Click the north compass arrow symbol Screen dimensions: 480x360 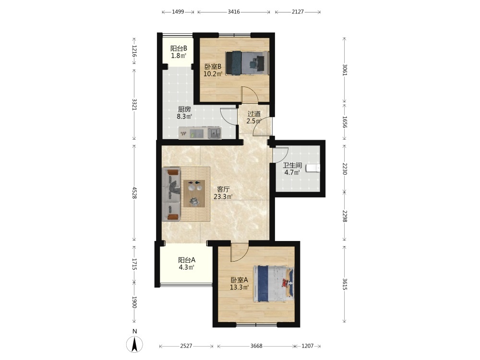[x=134, y=344]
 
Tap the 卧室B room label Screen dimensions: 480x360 [x=213, y=66]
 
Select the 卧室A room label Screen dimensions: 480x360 [x=239, y=280]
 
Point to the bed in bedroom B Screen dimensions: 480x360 [x=247, y=63]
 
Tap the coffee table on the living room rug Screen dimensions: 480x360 [x=194, y=194]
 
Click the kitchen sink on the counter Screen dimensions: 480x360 [x=214, y=133]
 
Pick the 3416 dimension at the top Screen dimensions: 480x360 [x=234, y=12]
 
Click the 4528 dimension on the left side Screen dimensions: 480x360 [x=134, y=193]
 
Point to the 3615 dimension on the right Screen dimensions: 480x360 [x=345, y=284]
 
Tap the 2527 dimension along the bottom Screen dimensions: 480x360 [x=186, y=346]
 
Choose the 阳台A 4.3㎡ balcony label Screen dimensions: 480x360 [x=187, y=264]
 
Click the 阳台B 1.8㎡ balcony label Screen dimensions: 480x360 [x=179, y=52]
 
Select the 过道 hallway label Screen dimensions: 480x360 [x=254, y=114]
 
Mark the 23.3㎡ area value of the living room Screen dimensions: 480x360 [x=223, y=196]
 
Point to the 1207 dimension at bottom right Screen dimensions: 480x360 [x=308, y=346]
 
